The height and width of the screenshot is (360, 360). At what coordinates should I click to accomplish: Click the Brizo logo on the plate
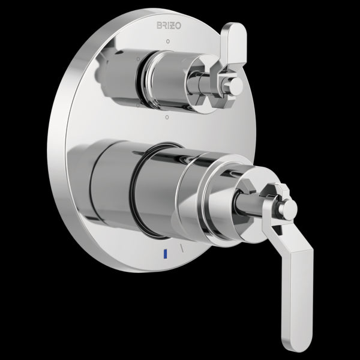tap(169, 26)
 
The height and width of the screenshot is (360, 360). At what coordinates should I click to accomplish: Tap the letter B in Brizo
tap(159, 26)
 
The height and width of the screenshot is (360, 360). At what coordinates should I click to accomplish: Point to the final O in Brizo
tap(178, 26)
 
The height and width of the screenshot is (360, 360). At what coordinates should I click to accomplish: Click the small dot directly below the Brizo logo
tap(168, 41)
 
